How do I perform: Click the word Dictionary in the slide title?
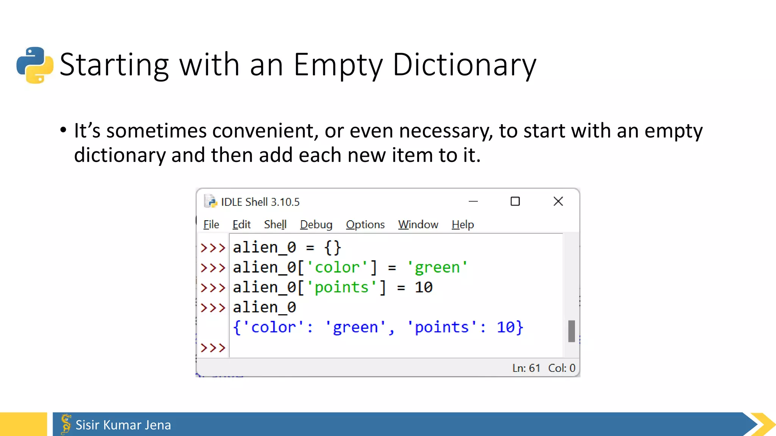[464, 65]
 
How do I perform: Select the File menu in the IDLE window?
[211, 224]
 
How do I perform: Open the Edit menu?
[241, 224]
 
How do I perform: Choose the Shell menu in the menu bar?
[275, 224]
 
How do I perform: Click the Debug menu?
[316, 224]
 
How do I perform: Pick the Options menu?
[365, 224]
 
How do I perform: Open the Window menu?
[418, 224]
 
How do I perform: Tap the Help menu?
[463, 224]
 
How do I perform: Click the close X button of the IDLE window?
[558, 201]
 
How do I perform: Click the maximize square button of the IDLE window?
[515, 201]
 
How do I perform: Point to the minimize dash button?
[473, 201]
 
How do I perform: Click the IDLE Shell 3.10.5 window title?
[260, 202]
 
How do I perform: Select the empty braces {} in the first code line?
[333, 248]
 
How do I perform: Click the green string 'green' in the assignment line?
[437, 268]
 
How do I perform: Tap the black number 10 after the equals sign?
[423, 288]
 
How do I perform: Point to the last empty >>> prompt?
[213, 347]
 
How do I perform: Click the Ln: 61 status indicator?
[526, 368]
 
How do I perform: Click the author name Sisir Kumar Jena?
[123, 425]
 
